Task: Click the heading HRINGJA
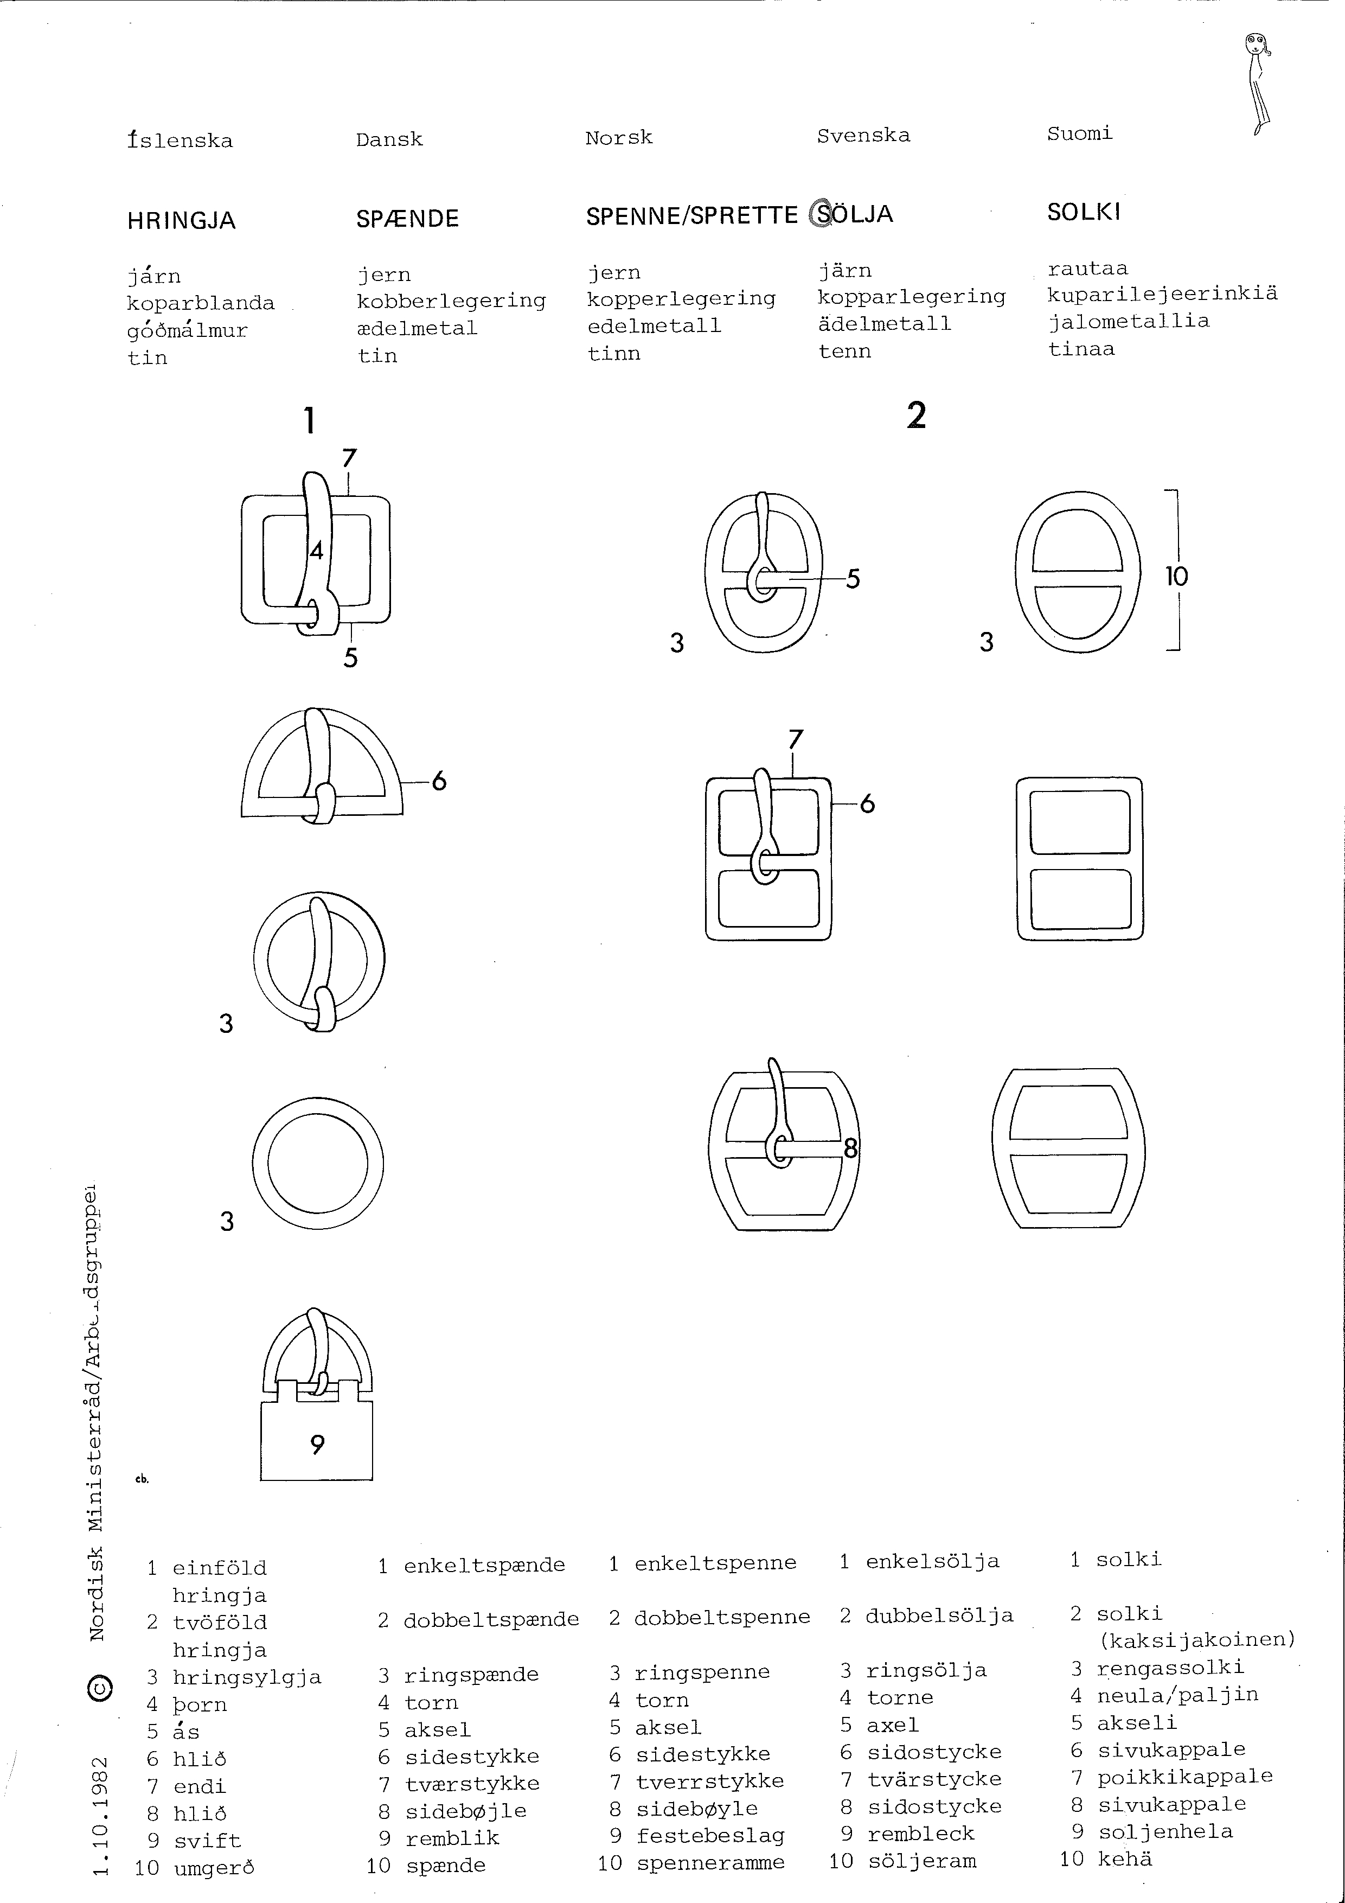coord(182,221)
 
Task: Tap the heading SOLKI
coord(1083,213)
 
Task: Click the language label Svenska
coord(863,136)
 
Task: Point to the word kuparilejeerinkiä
coord(1162,294)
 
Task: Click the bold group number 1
coord(309,421)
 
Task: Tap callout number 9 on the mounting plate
coord(317,1446)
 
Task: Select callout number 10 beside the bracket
coord(1176,576)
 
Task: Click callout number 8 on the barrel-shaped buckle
coord(850,1149)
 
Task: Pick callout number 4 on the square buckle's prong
coord(316,551)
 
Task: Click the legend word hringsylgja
coord(246,1677)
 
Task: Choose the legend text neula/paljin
coord(1177,1695)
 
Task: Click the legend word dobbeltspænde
coord(491,1619)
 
